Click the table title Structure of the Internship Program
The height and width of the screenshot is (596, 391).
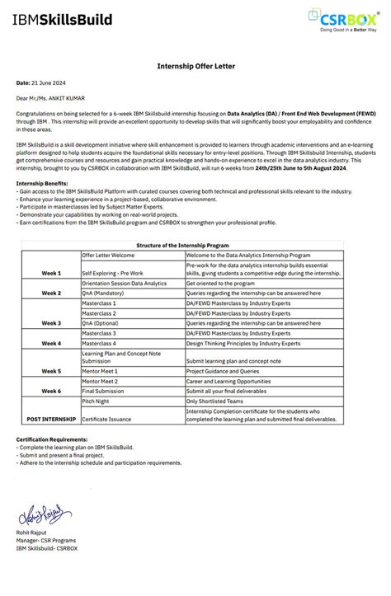coord(195,246)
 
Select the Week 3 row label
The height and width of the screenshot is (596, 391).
coord(51,323)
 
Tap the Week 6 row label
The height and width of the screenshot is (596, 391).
coord(51,390)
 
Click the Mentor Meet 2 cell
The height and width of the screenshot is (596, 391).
coord(101,381)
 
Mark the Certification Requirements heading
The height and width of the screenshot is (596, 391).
coord(51,439)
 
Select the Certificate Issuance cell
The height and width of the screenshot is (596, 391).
coord(107,419)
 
